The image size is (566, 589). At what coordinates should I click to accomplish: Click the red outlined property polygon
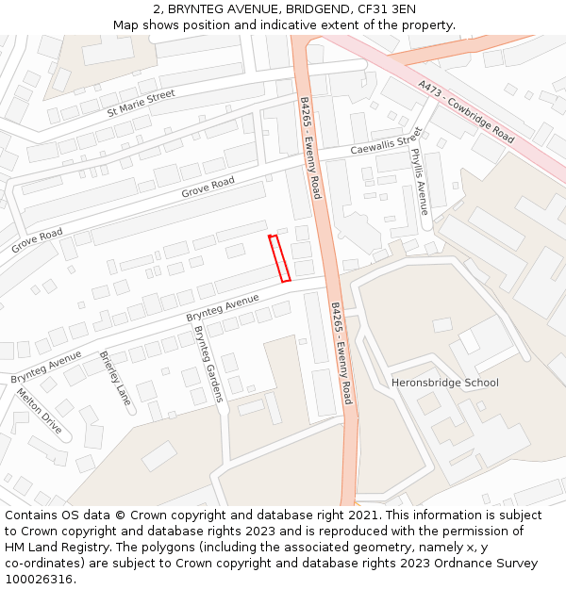point(279,258)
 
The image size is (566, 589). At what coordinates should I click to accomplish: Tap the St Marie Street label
point(141,102)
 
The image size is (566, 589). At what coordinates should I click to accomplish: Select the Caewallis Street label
point(386,146)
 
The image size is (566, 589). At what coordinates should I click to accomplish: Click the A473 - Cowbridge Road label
point(466,110)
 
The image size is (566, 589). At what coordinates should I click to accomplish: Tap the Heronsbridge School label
point(445,383)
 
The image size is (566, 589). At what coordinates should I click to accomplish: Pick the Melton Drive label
point(40,412)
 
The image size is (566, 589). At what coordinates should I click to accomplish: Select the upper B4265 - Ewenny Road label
point(310,148)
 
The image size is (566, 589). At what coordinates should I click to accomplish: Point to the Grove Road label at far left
point(37,240)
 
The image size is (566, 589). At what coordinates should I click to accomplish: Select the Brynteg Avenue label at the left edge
point(46,367)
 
